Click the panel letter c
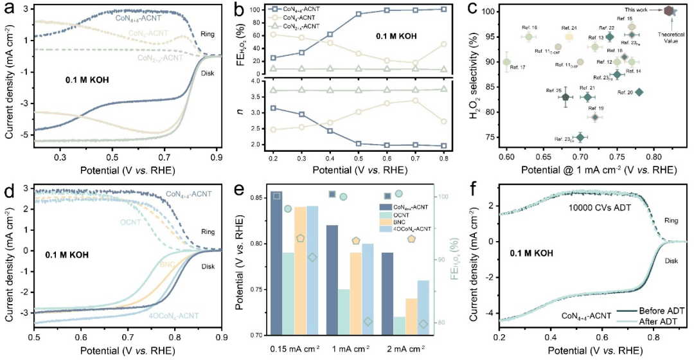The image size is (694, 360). point(472,9)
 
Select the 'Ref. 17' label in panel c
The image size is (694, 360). point(518,67)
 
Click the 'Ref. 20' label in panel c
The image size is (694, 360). point(625,93)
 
